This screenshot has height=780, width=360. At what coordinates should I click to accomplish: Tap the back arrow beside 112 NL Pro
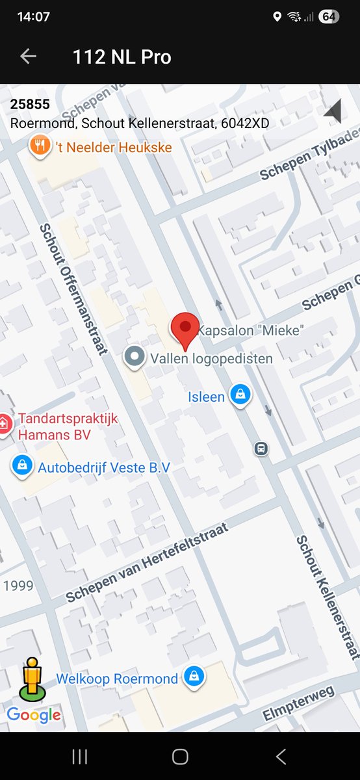[x=28, y=57]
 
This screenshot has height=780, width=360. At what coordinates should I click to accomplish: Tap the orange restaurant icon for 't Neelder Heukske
[x=40, y=146]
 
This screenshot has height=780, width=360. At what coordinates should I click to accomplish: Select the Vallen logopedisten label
[x=211, y=358]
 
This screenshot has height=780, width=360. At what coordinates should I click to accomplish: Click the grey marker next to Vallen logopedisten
[x=135, y=356]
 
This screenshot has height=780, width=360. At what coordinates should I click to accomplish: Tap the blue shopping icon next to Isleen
[x=240, y=395]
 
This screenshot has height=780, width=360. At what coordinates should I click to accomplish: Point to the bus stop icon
[x=261, y=448]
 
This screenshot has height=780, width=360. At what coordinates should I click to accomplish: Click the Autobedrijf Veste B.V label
[x=104, y=467]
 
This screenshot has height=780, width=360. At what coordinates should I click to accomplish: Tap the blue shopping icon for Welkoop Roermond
[x=194, y=677]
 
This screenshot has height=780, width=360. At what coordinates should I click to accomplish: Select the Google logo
[x=34, y=715]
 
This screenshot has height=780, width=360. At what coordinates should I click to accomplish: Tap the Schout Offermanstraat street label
[x=73, y=289]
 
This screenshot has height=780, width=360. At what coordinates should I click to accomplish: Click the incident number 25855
[x=30, y=105]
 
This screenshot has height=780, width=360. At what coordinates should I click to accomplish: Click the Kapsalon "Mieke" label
[x=250, y=330]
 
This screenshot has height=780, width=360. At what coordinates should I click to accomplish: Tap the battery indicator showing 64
[x=329, y=17]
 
